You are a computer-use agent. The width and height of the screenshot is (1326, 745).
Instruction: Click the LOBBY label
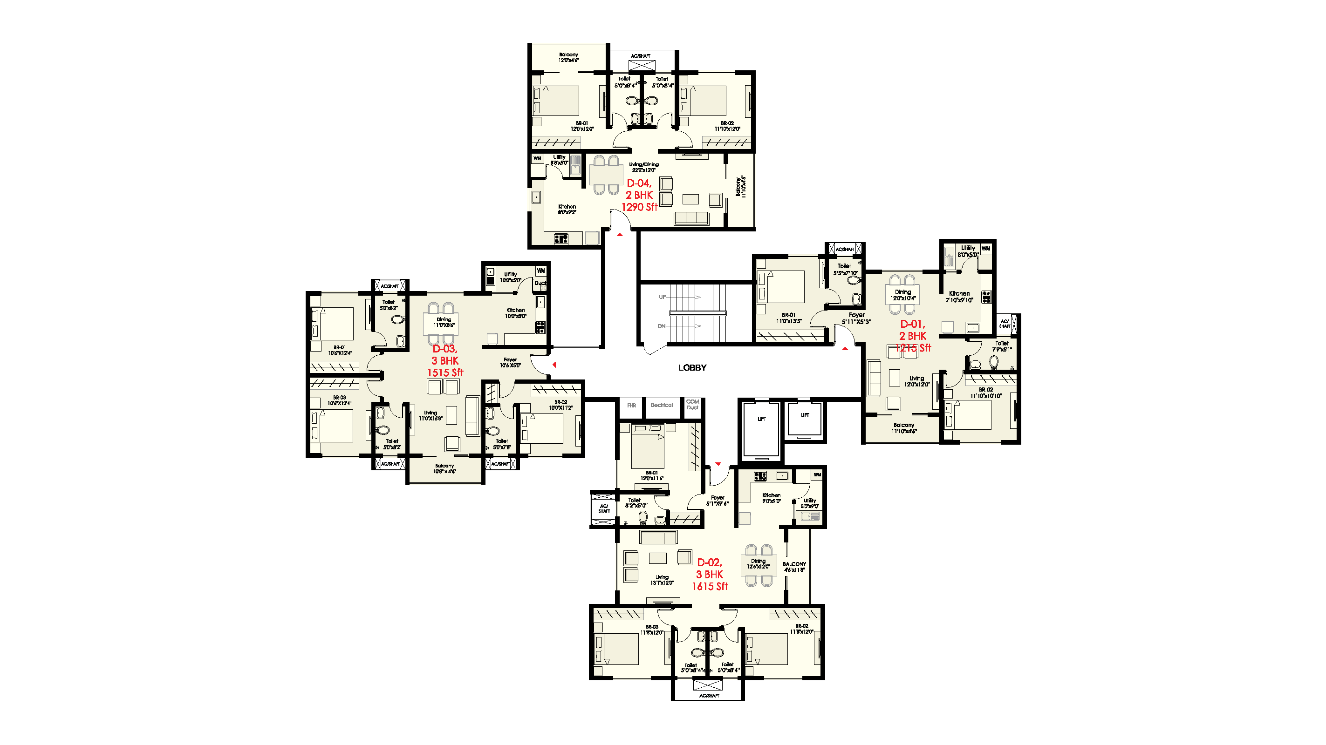tap(692, 367)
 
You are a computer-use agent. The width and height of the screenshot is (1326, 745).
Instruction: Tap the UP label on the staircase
tap(663, 297)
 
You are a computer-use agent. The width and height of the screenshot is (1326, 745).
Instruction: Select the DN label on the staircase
tap(662, 326)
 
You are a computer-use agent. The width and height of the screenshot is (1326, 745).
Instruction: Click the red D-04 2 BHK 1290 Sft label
tap(639, 195)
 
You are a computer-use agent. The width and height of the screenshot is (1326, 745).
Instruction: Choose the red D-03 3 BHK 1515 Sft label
tap(445, 361)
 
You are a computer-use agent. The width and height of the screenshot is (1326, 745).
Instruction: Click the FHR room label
tap(632, 406)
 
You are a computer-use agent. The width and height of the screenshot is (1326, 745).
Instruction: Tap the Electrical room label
tap(662, 405)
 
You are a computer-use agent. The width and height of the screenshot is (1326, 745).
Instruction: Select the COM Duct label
tap(693, 405)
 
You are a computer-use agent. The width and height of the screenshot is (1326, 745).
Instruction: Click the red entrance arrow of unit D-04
tap(620, 235)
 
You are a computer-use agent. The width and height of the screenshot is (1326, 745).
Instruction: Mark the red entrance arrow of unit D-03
tap(554, 365)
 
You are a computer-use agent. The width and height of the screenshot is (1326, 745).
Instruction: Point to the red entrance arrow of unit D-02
tap(718, 464)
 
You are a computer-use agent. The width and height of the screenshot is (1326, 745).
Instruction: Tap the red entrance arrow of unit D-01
tap(845, 349)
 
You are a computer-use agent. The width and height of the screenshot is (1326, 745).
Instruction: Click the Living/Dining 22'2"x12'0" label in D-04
tap(643, 167)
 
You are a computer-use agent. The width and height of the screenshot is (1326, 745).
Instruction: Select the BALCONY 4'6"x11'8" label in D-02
tap(794, 567)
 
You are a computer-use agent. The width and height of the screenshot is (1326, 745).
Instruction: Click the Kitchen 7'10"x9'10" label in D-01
tap(959, 296)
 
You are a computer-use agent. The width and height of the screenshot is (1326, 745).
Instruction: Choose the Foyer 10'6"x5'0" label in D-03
tap(510, 363)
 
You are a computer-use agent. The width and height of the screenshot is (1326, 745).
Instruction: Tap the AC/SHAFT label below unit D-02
tap(709, 696)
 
